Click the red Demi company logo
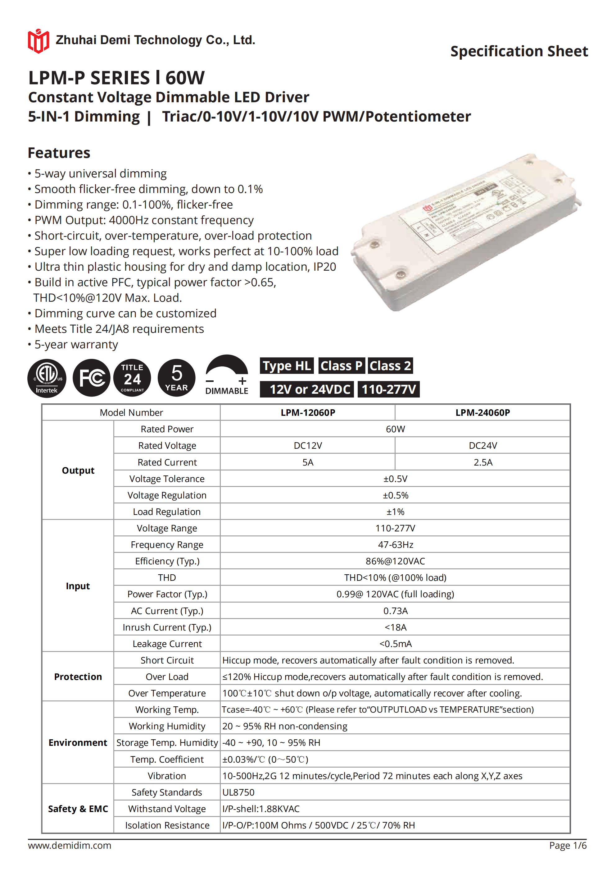pos(38,41)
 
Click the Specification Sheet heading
pos(519,51)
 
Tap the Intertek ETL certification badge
pos(47,378)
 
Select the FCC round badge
pos(92,378)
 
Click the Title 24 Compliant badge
pos(132,378)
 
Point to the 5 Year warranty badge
pos(176,378)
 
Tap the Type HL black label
pos(287,366)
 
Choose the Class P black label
pos(341,366)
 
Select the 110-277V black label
pos(388,389)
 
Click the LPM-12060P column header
pos(308,412)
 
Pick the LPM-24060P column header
pos(482,412)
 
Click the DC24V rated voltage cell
pos(482,446)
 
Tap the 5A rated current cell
pos(308,462)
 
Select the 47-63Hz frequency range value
pos(395,545)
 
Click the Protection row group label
pos(78,677)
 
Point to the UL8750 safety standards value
pos(238,792)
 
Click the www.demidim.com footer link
pos(70,845)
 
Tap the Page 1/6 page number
pos(568,845)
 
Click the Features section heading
pos(59,153)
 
